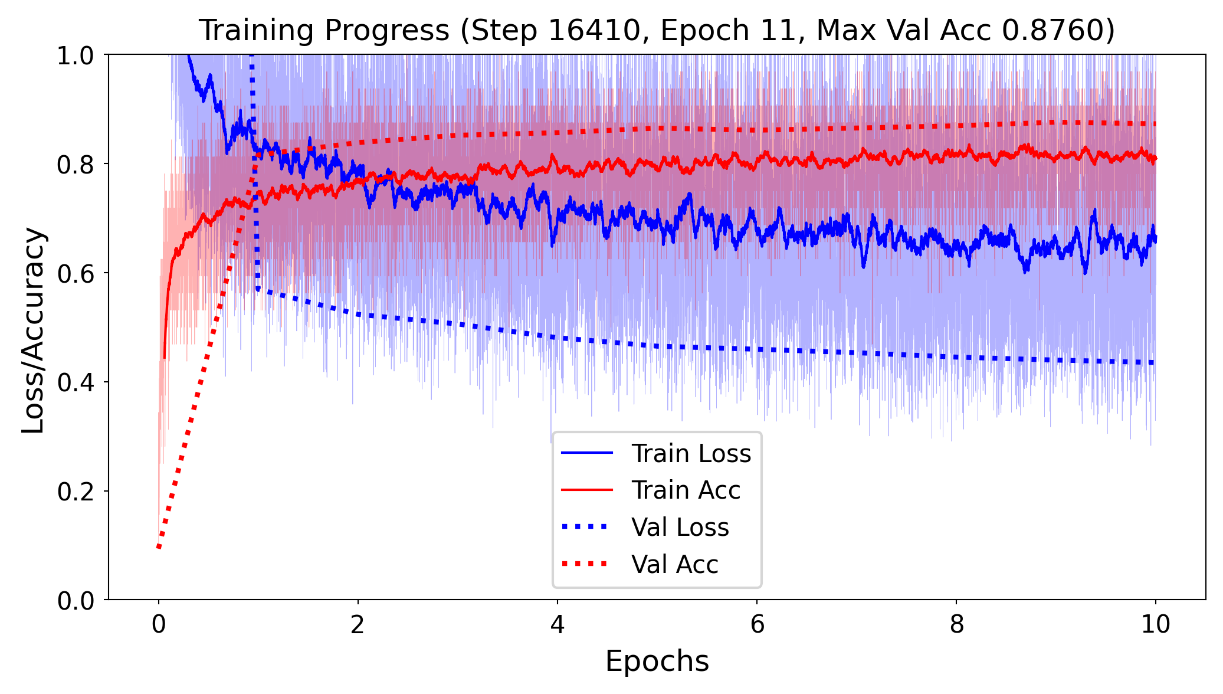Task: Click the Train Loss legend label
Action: [x=691, y=454]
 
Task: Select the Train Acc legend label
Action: [x=686, y=490]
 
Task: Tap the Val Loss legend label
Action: [x=680, y=528]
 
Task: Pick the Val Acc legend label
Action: [x=674, y=565]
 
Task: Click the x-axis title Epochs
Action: [x=657, y=661]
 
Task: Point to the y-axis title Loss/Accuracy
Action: [x=33, y=330]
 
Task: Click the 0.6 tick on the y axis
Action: [x=76, y=273]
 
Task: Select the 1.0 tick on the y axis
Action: [x=76, y=55]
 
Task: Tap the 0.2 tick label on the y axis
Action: [x=76, y=492]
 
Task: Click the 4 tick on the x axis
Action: [x=557, y=624]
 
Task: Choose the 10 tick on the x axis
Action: [x=1155, y=624]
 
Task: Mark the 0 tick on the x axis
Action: [x=158, y=624]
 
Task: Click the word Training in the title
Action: [x=257, y=30]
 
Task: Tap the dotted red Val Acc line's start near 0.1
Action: [x=159, y=546]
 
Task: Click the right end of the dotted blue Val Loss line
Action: [x=1153, y=362]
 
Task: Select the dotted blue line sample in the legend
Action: [x=586, y=527]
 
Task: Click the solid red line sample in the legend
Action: [x=586, y=490]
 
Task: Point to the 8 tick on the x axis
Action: [x=956, y=624]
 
